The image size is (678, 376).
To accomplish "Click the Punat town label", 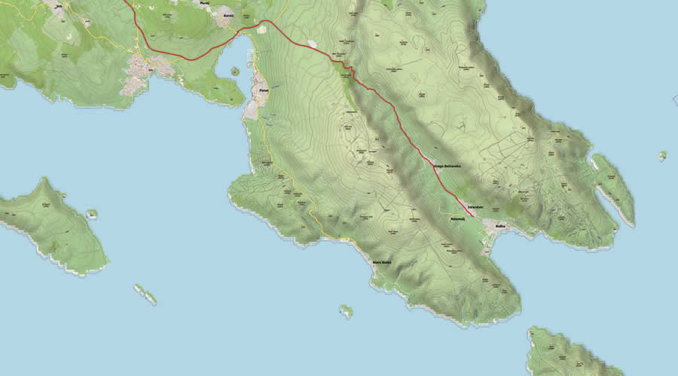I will pos(263,90).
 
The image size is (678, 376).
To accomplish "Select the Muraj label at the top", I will pos(203,3).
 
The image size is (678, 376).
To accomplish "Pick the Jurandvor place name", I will pos(474,205).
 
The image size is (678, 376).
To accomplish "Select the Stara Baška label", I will pos(383,262).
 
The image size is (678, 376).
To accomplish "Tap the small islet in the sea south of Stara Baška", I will pos(346,310).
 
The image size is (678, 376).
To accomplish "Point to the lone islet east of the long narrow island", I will pos(662,156).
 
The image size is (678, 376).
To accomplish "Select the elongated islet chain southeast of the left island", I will pos(145,294).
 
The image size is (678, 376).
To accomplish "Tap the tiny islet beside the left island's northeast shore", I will pos(92,214).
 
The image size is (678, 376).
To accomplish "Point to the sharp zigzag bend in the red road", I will pos(347,68).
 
